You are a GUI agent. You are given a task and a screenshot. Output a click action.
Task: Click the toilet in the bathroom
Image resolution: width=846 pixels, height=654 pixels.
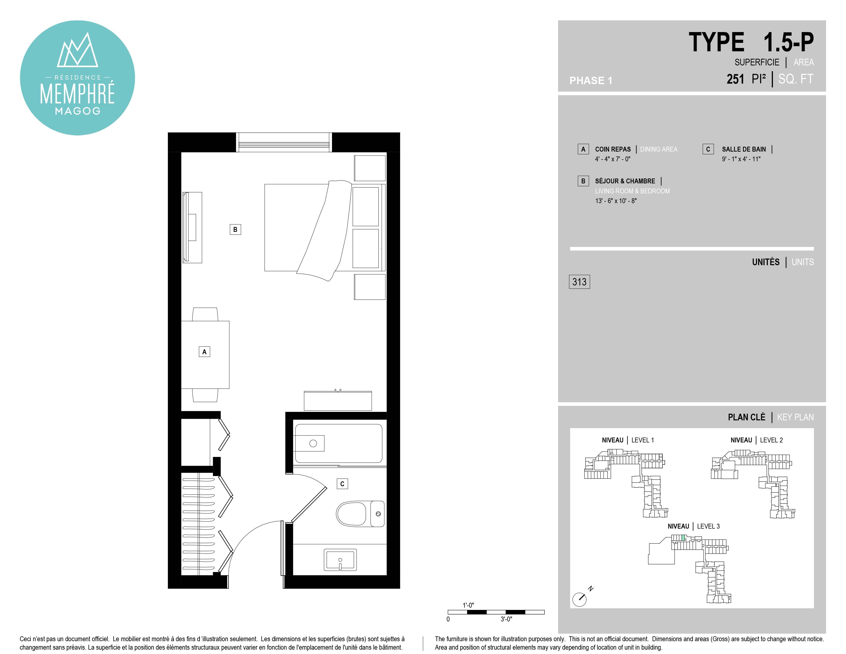360,514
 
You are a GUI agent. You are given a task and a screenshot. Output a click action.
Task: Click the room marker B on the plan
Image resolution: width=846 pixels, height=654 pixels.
235,229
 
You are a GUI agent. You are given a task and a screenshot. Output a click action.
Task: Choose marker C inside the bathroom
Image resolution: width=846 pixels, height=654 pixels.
342,483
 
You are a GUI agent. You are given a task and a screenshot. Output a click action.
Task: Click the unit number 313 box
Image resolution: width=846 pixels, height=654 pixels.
579,282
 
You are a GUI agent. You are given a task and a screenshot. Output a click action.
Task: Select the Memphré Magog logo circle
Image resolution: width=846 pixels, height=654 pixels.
77,78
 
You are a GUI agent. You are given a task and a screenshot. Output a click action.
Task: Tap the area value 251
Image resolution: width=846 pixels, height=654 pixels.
735,79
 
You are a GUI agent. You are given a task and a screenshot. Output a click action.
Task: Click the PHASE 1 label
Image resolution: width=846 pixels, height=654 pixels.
591,81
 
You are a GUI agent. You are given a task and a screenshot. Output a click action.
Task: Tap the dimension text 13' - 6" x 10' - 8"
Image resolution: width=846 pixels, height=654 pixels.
616,201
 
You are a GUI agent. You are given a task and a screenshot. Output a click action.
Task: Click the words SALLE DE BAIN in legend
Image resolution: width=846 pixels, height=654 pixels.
744,149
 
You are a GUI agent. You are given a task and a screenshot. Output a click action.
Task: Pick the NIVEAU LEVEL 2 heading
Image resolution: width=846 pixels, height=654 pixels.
757,440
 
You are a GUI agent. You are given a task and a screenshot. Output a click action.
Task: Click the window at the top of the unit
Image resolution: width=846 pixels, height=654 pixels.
284,142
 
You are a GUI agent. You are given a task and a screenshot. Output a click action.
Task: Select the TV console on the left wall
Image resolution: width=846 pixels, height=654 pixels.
192,227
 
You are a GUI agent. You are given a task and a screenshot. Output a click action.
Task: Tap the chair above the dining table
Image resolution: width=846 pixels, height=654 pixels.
205,314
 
